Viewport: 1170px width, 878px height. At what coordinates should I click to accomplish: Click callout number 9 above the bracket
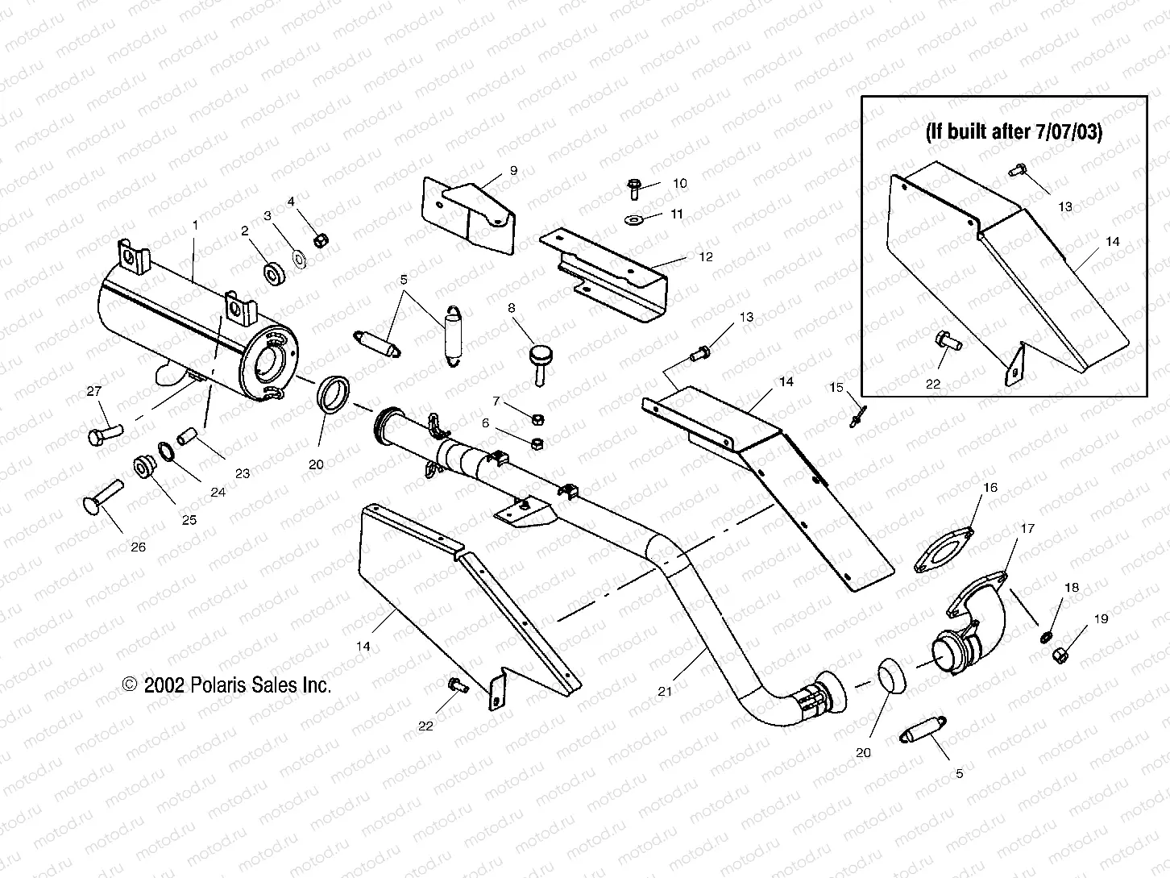tap(513, 170)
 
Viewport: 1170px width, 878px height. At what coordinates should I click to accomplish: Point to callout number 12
tap(706, 257)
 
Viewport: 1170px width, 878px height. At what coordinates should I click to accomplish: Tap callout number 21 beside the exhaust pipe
tap(664, 690)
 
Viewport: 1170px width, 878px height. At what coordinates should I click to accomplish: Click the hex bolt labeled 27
tap(102, 436)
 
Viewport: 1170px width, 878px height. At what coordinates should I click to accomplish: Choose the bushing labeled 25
tap(145, 465)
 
